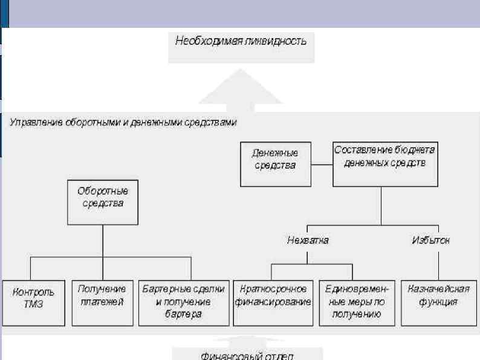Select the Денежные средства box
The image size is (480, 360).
coord(276,164)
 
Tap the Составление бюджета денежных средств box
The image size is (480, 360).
coord(386,163)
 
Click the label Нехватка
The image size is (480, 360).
coord(308,240)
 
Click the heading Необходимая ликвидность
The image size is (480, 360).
coord(241,42)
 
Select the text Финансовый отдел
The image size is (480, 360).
coord(248,355)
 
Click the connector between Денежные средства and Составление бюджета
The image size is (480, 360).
coord(322,163)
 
